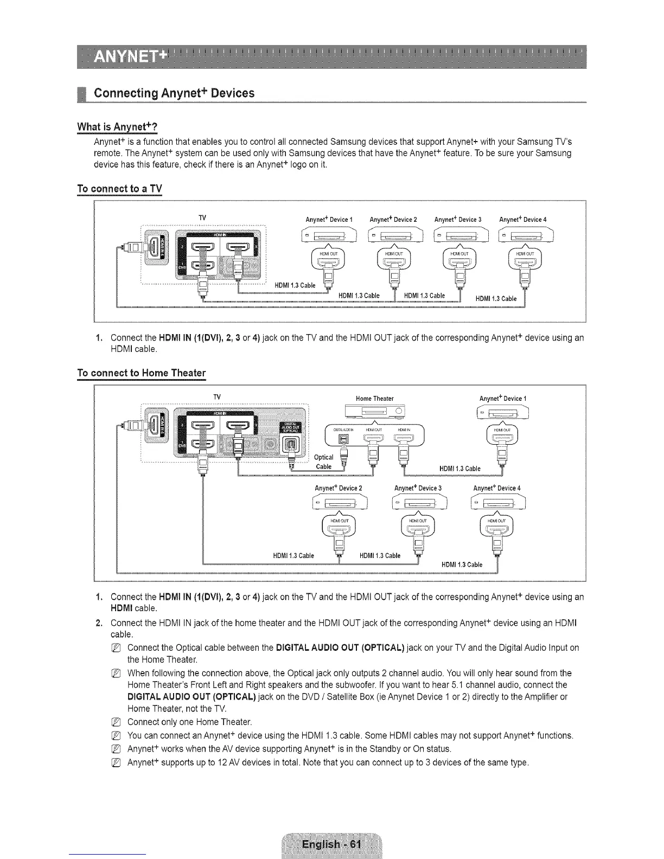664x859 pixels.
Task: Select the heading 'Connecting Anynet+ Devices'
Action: [174, 93]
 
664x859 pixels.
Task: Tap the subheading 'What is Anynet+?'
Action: [117, 127]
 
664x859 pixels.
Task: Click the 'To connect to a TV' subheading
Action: [119, 189]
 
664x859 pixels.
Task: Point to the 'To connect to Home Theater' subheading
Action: [142, 373]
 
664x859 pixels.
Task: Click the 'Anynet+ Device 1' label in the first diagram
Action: [329, 220]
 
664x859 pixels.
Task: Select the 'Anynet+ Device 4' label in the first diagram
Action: [522, 220]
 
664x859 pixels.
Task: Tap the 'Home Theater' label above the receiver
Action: [374, 399]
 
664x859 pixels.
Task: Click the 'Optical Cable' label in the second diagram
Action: [324, 462]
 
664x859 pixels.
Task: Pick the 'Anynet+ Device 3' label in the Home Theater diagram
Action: [418, 488]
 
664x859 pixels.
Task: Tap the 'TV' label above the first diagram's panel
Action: [202, 217]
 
